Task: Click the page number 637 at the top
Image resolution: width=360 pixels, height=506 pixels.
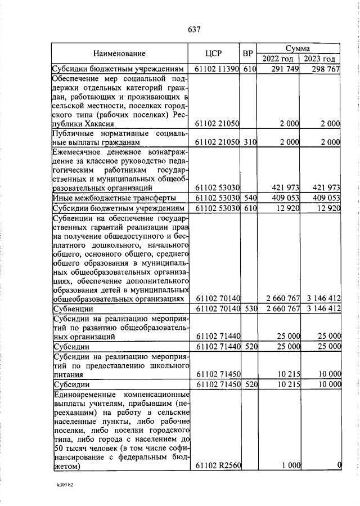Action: (193, 29)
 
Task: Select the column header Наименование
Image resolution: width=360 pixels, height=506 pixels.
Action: (119, 53)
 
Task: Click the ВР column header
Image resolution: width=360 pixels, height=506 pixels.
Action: (247, 53)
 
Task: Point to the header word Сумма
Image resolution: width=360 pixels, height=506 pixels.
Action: (299, 48)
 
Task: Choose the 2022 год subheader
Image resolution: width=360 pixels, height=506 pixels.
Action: (278, 59)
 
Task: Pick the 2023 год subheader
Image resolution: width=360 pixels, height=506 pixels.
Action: (321, 59)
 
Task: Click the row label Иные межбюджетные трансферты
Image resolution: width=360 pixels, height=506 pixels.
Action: (113, 198)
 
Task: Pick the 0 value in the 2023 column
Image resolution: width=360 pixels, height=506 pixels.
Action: (339, 465)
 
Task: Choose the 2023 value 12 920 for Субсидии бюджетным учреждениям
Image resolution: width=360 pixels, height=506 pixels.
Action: (328, 209)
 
